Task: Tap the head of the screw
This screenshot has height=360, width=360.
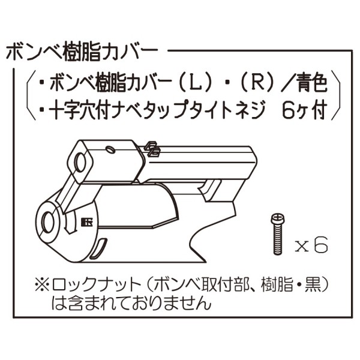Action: pyautogui.click(x=277, y=217)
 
